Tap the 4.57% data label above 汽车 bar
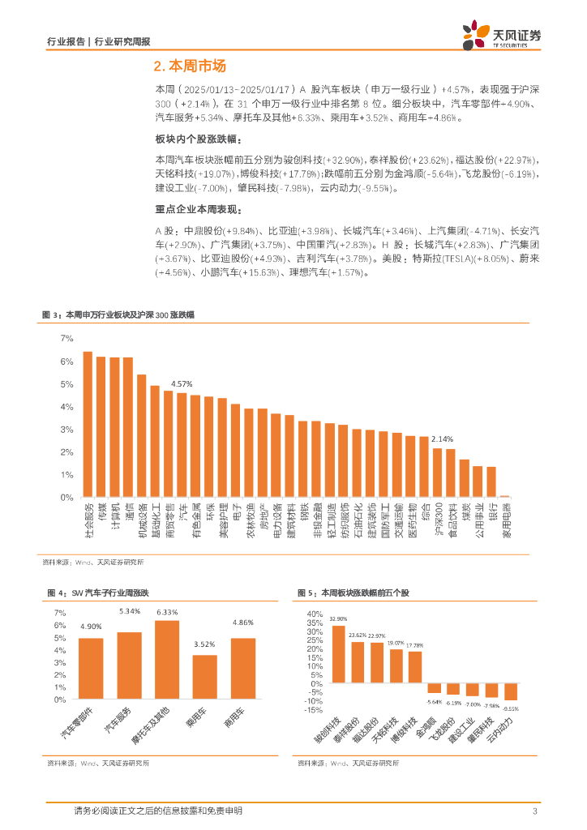181,383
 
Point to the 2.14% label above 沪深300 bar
442,439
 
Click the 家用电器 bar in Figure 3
504,496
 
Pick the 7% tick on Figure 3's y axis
67,338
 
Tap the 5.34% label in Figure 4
130,610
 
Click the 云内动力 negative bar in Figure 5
510,691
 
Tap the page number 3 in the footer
535,811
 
